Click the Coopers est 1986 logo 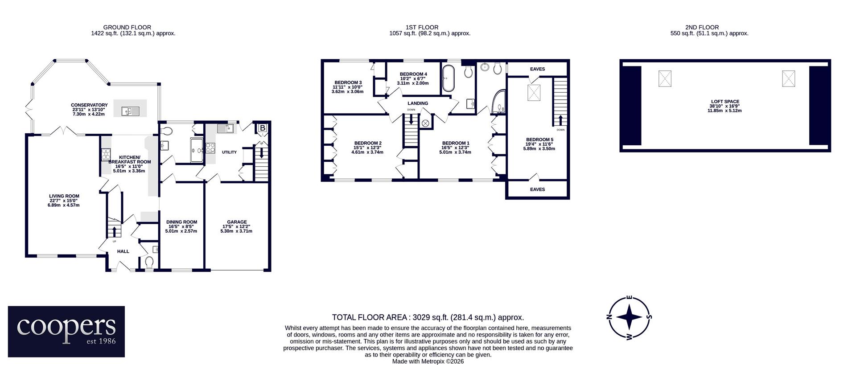click(x=66, y=331)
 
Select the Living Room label click(x=64, y=201)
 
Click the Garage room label click(x=237, y=226)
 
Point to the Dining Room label click(x=181, y=226)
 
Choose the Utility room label click(x=229, y=152)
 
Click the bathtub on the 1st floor click(x=447, y=78)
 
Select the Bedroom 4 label click(x=413, y=78)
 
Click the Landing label click(x=418, y=103)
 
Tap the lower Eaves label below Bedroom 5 click(x=538, y=189)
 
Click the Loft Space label click(x=725, y=106)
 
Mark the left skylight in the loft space click(x=665, y=79)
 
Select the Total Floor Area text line click(x=428, y=317)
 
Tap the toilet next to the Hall click(x=149, y=262)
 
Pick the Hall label click(x=123, y=251)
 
